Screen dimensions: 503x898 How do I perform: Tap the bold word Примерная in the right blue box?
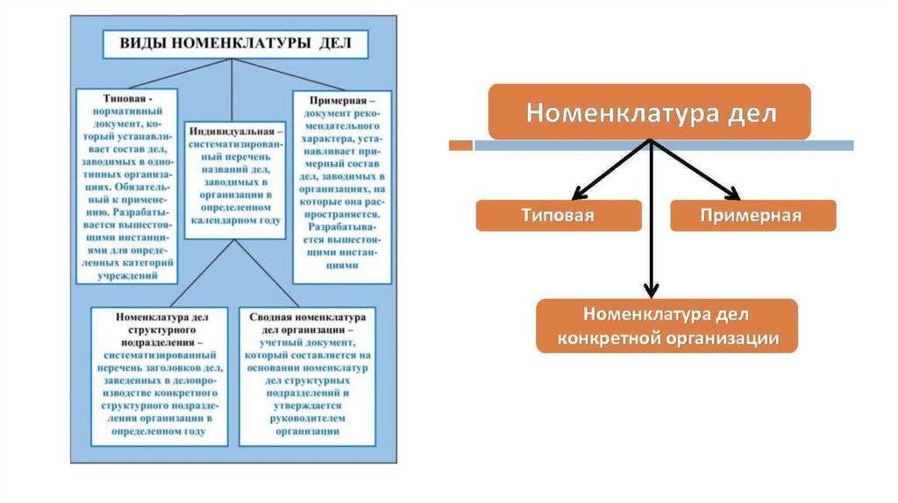point(335,101)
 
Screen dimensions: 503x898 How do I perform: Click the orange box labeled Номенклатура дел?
point(648,112)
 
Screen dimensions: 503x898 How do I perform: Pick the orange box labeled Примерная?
point(752,216)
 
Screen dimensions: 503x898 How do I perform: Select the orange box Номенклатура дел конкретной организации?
point(666,325)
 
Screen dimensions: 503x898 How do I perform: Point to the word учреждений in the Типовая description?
point(126,275)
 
